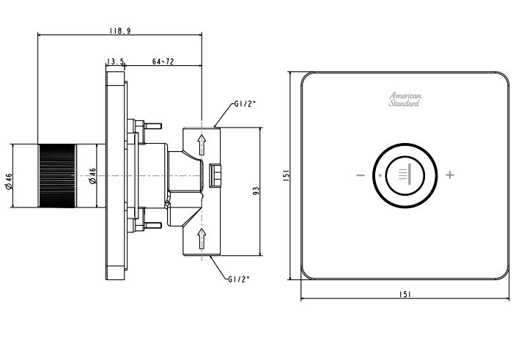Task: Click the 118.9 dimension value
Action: click(x=120, y=31)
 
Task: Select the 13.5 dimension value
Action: click(x=116, y=61)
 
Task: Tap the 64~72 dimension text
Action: click(x=163, y=61)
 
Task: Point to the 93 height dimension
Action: click(x=256, y=191)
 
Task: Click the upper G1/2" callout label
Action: click(x=245, y=104)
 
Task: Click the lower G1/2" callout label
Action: click(x=239, y=279)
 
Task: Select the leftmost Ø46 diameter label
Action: click(x=9, y=181)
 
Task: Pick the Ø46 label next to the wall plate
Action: click(x=92, y=176)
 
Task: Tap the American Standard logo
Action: click(x=405, y=100)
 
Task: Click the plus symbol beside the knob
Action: click(x=450, y=175)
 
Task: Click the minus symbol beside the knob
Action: click(x=361, y=175)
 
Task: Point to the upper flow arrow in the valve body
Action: click(x=202, y=144)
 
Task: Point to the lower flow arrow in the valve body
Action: click(x=202, y=238)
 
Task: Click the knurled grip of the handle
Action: click(x=57, y=176)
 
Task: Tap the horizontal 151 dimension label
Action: click(x=405, y=295)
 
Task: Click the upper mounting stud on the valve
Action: click(x=152, y=125)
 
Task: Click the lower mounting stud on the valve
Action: click(x=152, y=225)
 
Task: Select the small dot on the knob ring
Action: click(x=380, y=175)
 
